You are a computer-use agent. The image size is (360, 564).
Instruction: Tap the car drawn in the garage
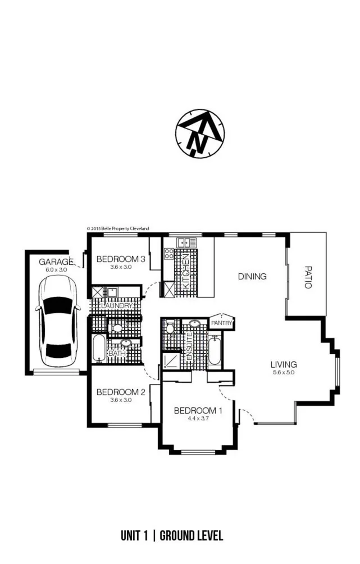click(54, 320)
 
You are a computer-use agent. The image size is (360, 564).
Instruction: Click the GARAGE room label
click(56, 262)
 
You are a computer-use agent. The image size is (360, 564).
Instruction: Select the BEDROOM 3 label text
click(121, 259)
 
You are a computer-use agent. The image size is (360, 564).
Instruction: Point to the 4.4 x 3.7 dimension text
click(197, 418)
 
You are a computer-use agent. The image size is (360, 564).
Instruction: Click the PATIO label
click(307, 277)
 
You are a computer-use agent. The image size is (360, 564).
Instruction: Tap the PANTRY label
click(221, 323)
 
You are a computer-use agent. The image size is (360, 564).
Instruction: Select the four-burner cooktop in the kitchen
click(169, 253)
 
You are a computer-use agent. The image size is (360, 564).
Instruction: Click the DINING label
click(252, 276)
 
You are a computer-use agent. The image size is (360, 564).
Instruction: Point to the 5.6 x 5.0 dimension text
click(283, 372)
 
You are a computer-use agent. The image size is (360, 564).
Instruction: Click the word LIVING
click(283, 364)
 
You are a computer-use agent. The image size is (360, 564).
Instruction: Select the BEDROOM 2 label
click(121, 392)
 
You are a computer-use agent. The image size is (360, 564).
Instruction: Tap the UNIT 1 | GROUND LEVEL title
click(171, 535)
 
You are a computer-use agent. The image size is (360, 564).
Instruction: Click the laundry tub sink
click(112, 292)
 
